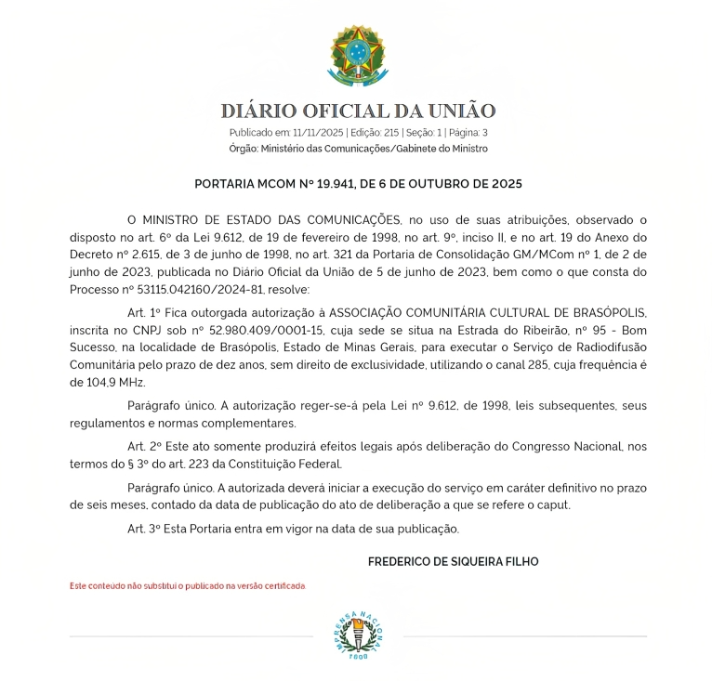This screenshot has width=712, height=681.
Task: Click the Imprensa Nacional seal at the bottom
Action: (x=358, y=636)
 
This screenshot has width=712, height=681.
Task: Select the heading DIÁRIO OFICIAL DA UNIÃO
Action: (x=358, y=111)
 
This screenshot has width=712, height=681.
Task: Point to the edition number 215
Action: (x=390, y=133)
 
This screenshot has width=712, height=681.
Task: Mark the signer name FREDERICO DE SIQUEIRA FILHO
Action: (x=453, y=562)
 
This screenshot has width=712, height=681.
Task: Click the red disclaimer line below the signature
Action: (x=188, y=586)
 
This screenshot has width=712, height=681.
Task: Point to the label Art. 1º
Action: (x=144, y=312)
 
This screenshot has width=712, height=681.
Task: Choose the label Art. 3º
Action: (x=144, y=529)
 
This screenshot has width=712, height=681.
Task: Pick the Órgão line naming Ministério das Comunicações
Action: (x=358, y=149)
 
